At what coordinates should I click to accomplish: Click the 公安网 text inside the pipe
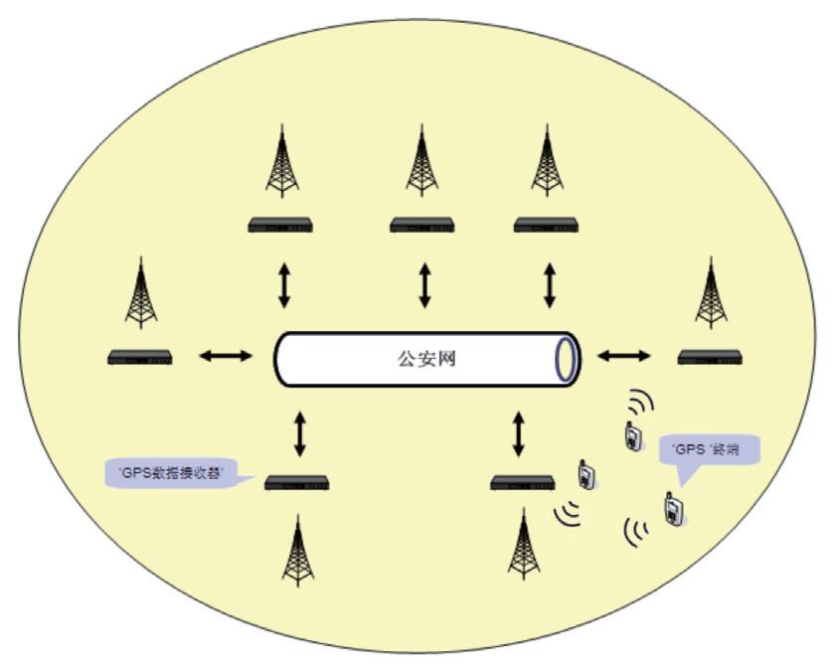[x=425, y=360]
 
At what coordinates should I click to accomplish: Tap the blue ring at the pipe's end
[x=566, y=360]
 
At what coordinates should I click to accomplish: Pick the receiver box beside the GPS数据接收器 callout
[x=296, y=483]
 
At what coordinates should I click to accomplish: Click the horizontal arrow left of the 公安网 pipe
[x=226, y=356]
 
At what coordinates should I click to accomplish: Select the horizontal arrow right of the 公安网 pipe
[x=624, y=356]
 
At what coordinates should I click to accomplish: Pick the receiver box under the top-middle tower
[x=421, y=226]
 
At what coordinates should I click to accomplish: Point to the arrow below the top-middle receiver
[x=424, y=286]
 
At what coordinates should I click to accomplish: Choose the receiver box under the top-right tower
[x=546, y=226]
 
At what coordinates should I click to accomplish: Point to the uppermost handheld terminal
[x=631, y=435]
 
